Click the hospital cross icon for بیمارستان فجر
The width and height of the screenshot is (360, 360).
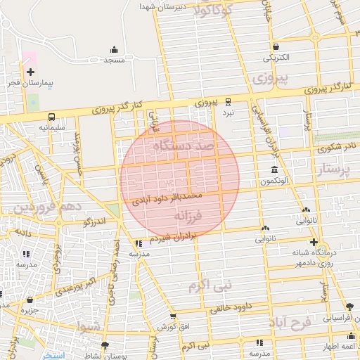(30, 72)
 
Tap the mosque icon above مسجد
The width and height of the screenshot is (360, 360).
(115, 49)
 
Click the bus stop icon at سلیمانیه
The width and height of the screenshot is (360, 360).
(52, 117)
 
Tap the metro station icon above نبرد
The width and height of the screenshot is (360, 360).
(228, 101)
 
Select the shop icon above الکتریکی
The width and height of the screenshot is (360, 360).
(275, 46)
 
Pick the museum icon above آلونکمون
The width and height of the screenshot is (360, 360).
(274, 170)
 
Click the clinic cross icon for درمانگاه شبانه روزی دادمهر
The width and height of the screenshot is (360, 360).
(314, 242)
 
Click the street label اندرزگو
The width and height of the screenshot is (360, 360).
(94, 222)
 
